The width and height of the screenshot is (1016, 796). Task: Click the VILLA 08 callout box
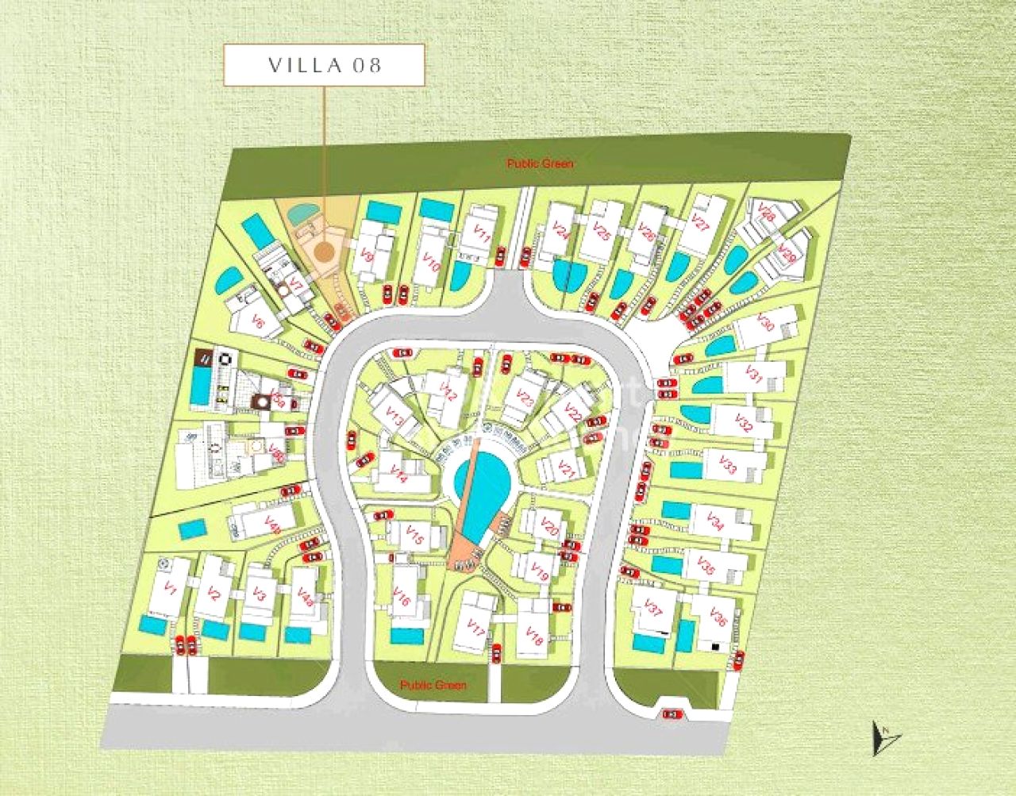click(324, 65)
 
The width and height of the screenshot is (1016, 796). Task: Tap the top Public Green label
click(540, 163)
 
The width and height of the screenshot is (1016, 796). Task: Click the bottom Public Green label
click(433, 685)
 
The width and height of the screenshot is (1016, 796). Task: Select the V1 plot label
click(169, 588)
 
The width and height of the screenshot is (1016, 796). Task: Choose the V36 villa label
click(719, 617)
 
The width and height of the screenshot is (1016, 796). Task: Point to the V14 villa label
click(398, 474)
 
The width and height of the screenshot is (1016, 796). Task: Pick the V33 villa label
click(728, 465)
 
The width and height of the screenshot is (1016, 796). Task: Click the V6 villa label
click(256, 321)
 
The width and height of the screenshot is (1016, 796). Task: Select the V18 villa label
click(534, 636)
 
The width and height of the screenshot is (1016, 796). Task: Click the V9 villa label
click(367, 255)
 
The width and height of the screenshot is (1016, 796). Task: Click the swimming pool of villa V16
click(407, 636)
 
